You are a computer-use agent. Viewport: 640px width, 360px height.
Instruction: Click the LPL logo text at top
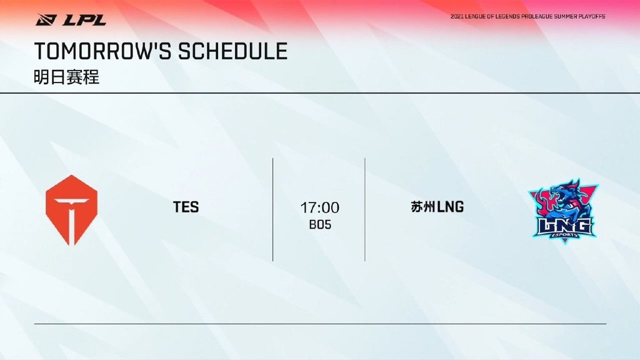point(84,19)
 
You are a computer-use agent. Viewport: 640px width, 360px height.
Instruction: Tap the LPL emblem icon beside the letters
point(46,19)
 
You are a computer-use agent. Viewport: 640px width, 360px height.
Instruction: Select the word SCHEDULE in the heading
point(232,51)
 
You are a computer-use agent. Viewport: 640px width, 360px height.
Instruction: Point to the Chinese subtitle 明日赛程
point(66,77)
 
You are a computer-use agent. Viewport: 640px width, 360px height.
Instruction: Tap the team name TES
point(186,207)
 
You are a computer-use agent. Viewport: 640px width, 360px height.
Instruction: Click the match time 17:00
point(319,207)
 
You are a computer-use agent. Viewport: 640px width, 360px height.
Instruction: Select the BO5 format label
point(320,224)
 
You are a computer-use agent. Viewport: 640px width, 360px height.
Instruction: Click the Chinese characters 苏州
point(423,206)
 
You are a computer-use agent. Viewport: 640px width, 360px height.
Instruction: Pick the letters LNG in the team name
point(451,207)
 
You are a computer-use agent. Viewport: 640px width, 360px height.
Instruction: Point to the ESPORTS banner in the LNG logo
point(564,235)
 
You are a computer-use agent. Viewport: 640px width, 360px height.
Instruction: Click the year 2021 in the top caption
point(457,17)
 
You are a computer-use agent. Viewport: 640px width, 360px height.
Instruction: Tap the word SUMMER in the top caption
point(564,17)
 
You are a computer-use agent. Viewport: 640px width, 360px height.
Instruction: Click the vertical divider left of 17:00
point(272,209)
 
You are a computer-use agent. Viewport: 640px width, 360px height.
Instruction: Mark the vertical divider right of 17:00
point(365,209)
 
